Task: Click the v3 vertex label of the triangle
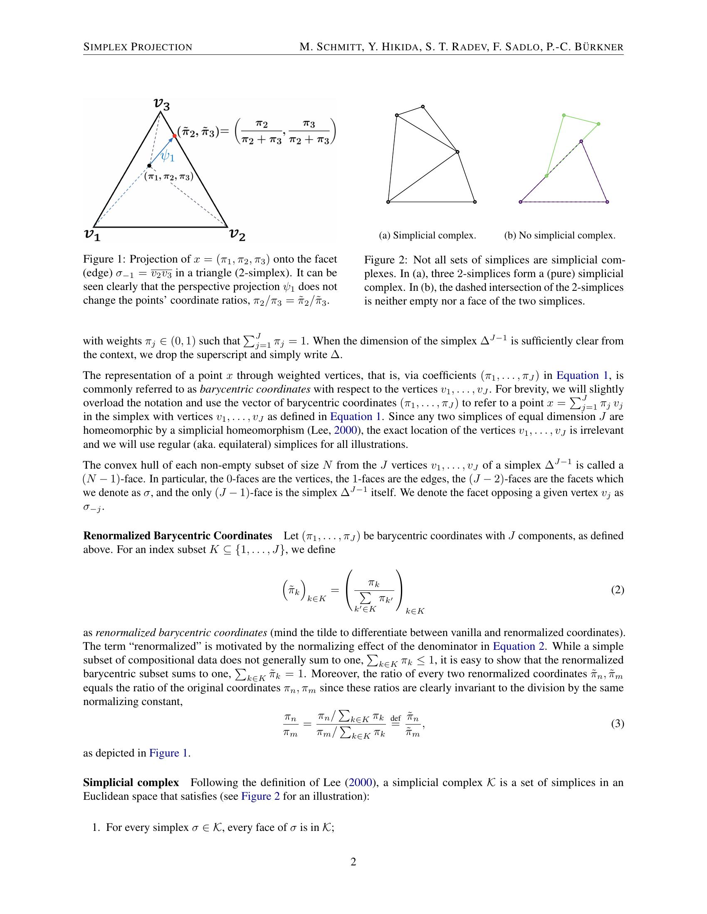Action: pyautogui.click(x=162, y=103)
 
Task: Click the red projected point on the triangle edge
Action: pyautogui.click(x=175, y=136)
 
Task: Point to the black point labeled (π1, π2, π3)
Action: pyautogui.click(x=149, y=166)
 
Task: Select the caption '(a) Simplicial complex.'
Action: pyautogui.click(x=427, y=235)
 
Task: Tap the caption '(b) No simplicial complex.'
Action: pyautogui.click(x=559, y=235)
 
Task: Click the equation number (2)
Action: pyautogui.click(x=617, y=590)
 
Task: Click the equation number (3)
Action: pyautogui.click(x=617, y=724)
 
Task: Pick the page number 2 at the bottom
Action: pyautogui.click(x=353, y=862)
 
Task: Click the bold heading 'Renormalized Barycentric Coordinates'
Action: pyautogui.click(x=178, y=536)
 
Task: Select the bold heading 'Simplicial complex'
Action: pyautogui.click(x=131, y=782)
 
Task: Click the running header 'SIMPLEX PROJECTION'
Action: pyautogui.click(x=138, y=47)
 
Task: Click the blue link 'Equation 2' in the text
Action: pyautogui.click(x=518, y=646)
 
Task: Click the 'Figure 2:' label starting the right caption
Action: pyautogui.click(x=386, y=260)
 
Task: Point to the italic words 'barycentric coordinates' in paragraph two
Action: pyautogui.click(x=255, y=389)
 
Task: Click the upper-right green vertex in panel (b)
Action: pyautogui.click(x=598, y=124)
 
